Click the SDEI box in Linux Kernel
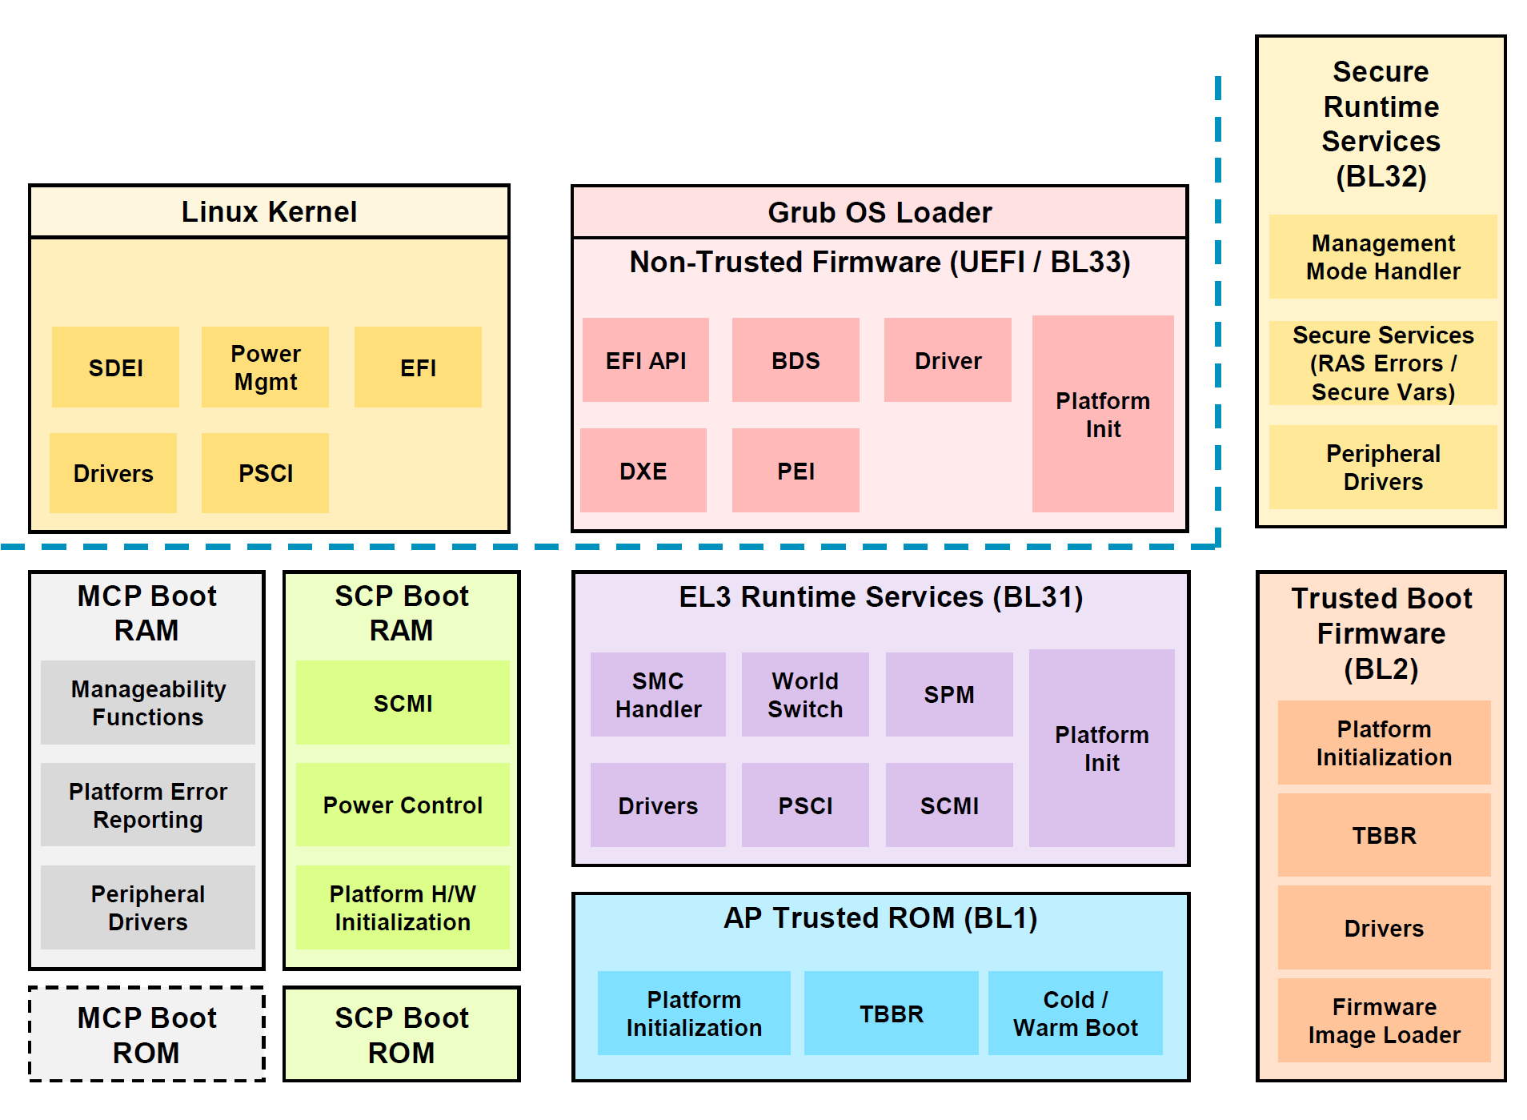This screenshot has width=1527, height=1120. point(115,367)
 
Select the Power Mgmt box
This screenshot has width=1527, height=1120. point(265,367)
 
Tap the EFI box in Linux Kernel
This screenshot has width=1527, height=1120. point(418,367)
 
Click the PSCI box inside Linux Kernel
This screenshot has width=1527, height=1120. point(265,473)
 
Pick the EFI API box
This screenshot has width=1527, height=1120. point(645,360)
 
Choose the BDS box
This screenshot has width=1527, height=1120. point(795,360)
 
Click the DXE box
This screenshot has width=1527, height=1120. point(643,471)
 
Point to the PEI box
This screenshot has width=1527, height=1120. point(795,471)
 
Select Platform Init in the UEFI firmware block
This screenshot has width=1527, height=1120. point(1102,414)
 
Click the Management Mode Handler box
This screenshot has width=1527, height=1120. point(1382,257)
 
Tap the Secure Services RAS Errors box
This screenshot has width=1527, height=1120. point(1382,363)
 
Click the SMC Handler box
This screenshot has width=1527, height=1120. point(657,694)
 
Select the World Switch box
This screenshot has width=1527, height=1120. point(804,694)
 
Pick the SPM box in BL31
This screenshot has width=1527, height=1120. point(948,694)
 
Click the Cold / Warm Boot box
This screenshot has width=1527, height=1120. point(1075,1013)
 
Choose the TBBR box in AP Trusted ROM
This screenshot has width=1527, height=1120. point(891,1013)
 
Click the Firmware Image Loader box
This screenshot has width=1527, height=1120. point(1383,1020)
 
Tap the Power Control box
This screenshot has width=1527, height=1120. point(402,805)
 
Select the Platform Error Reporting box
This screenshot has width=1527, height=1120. point(147,805)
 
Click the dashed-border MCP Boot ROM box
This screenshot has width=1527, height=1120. point(146,1034)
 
